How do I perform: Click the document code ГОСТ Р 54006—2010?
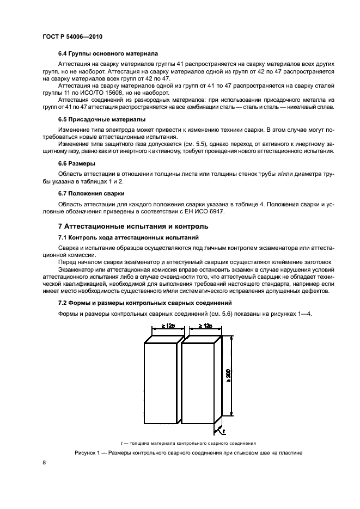click(72, 36)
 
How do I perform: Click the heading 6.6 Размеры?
click(77, 163)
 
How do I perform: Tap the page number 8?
click(45, 462)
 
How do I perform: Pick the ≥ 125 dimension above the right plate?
click(204, 326)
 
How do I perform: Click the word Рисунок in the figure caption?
click(87, 453)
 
